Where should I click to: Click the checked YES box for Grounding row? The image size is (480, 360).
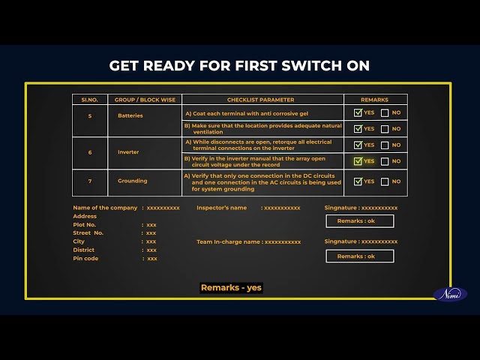pyautogui.click(x=358, y=181)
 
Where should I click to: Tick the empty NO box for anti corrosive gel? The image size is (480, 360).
pyautogui.click(x=385, y=113)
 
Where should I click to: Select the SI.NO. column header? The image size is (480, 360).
pyautogui.click(x=90, y=100)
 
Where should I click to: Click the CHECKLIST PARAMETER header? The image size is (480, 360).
pyautogui.click(x=260, y=100)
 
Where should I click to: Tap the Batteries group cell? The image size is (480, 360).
pyautogui.click(x=130, y=115)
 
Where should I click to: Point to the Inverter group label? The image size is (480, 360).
pyautogui.click(x=128, y=152)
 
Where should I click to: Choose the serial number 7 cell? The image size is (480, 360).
pyautogui.click(x=90, y=181)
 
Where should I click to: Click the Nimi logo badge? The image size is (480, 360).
pyautogui.click(x=450, y=295)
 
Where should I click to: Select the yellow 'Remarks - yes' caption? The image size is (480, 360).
pyautogui.click(x=231, y=288)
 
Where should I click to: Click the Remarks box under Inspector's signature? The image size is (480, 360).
pyautogui.click(x=360, y=221)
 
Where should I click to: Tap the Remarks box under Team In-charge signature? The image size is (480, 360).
pyautogui.click(x=360, y=256)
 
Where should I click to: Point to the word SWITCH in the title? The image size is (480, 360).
pyautogui.click(x=311, y=66)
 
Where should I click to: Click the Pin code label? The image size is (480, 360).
pyautogui.click(x=85, y=258)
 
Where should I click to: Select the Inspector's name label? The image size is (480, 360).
pyautogui.click(x=222, y=208)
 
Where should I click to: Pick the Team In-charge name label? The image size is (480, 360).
pyautogui.click(x=228, y=241)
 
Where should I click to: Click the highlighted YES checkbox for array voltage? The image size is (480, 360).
pyautogui.click(x=358, y=161)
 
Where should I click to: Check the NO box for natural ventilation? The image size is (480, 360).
pyautogui.click(x=385, y=129)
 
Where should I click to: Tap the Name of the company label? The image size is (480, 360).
pyautogui.click(x=105, y=208)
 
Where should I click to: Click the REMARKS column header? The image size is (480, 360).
pyautogui.click(x=374, y=100)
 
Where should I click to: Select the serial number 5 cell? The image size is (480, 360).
pyautogui.click(x=90, y=116)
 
